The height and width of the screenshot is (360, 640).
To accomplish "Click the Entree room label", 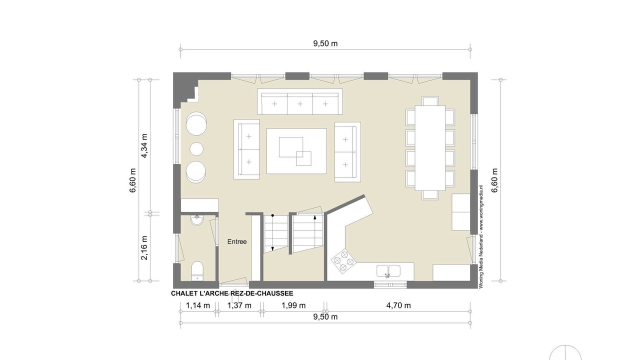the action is click(x=237, y=241).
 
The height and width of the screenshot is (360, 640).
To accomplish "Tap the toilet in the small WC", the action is click(x=197, y=271).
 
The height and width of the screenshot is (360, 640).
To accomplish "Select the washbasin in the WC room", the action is click(x=197, y=220).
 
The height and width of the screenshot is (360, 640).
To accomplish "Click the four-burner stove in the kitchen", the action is click(x=343, y=260).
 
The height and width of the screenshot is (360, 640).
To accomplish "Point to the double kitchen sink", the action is click(x=388, y=271).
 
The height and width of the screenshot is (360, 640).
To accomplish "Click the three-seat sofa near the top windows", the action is click(x=299, y=101).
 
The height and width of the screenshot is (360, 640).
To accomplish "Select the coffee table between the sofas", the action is click(x=296, y=151).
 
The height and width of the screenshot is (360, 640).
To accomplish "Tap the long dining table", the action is click(x=430, y=147).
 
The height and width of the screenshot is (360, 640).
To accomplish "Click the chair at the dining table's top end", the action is click(x=430, y=101).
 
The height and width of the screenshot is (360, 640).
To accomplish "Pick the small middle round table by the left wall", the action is click(x=196, y=149).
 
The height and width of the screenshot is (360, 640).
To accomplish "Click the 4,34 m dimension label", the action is click(x=144, y=145).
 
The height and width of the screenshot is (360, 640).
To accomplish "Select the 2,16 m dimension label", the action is click(x=144, y=247).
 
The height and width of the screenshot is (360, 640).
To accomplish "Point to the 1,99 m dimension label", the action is click(x=293, y=305).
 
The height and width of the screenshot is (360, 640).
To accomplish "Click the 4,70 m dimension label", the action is click(x=398, y=305).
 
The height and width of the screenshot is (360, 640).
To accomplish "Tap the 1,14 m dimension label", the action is click(x=198, y=305).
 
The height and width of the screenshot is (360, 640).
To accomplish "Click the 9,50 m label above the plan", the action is click(x=325, y=43).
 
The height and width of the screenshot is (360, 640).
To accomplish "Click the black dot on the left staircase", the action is click(x=272, y=215).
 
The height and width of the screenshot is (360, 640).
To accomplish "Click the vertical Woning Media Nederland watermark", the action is click(x=481, y=236).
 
